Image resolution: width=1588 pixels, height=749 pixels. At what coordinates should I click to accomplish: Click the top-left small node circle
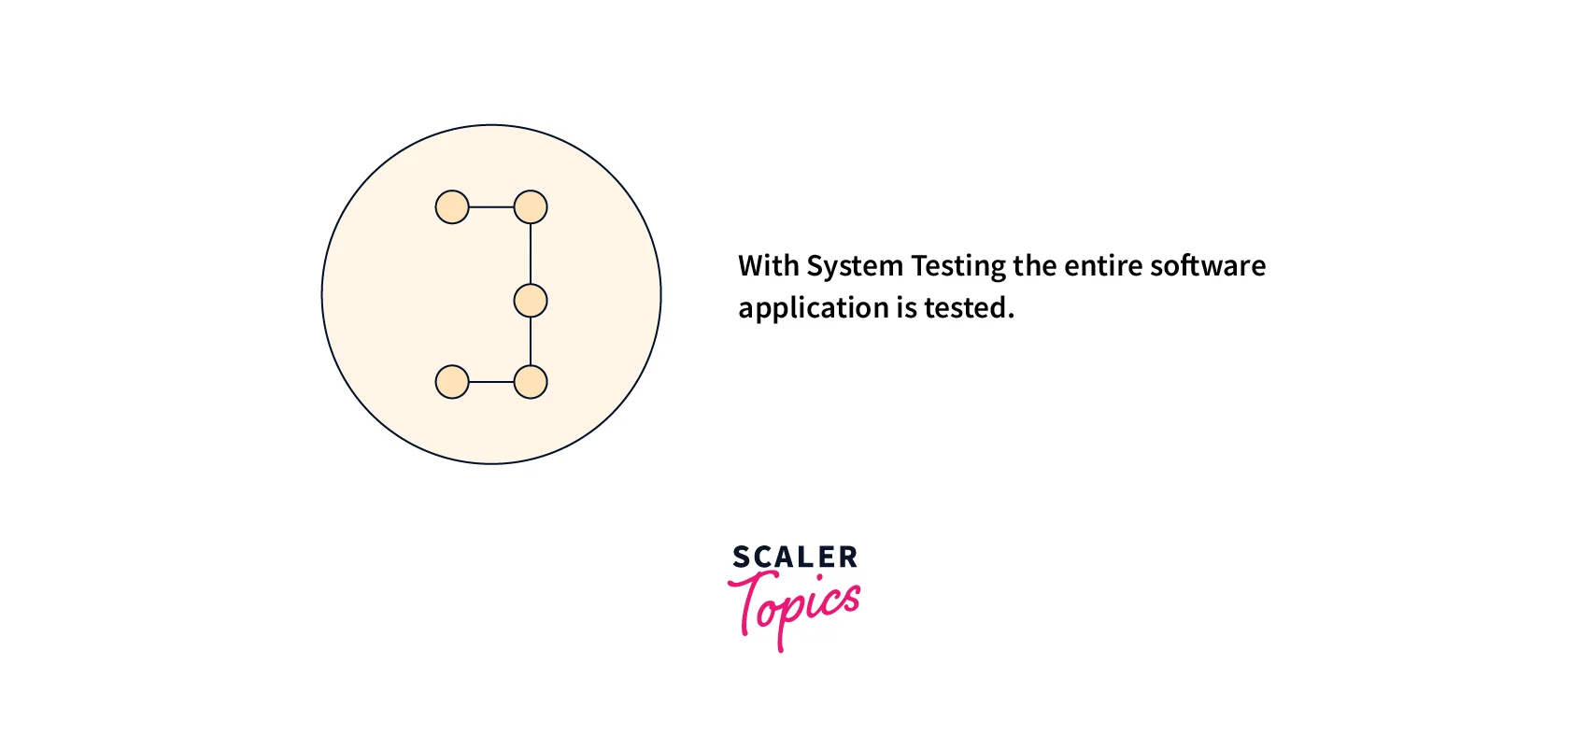point(452,207)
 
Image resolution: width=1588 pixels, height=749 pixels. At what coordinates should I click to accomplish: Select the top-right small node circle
point(531,207)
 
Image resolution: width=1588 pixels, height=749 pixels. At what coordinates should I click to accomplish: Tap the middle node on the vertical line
point(531,301)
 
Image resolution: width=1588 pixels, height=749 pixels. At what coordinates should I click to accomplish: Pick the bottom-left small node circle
point(452,382)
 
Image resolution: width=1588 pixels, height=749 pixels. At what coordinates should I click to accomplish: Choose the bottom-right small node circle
point(531,382)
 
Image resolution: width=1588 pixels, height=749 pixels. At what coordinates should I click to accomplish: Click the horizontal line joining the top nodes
point(491,207)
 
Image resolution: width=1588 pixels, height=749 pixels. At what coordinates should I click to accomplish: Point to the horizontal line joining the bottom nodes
point(491,382)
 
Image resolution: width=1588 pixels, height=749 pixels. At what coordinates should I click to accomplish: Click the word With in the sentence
point(768,266)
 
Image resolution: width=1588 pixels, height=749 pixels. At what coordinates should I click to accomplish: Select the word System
point(854,267)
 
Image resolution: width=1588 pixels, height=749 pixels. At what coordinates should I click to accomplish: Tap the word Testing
point(957,267)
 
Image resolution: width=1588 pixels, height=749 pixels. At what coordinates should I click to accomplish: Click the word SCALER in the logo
point(795,558)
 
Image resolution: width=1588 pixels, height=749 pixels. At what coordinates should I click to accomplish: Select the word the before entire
point(1034,266)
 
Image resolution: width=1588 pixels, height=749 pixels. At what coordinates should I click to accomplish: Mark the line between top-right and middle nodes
point(531,254)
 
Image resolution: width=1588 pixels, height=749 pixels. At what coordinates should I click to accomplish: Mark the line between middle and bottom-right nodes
point(531,342)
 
